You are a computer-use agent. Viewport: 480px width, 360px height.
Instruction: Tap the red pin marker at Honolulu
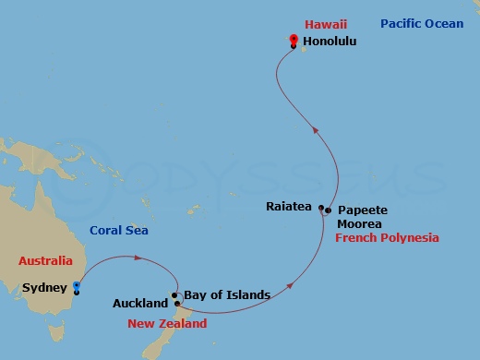pyautogui.click(x=293, y=40)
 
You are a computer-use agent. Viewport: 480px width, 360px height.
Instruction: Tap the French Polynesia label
pyautogui.click(x=387, y=238)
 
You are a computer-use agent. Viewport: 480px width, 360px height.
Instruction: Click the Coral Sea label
pyautogui.click(x=119, y=231)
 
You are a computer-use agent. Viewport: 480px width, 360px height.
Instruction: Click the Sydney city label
pyautogui.click(x=44, y=288)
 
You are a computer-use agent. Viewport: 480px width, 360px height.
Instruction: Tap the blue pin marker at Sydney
pyautogui.click(x=78, y=285)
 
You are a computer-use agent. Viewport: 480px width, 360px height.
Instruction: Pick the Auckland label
pyautogui.click(x=138, y=303)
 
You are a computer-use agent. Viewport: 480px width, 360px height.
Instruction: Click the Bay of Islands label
pyautogui.click(x=226, y=295)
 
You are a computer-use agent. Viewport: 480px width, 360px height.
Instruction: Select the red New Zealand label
pyautogui.click(x=167, y=324)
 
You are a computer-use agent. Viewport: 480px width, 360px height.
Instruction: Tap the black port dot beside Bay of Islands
pyautogui.click(x=174, y=295)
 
